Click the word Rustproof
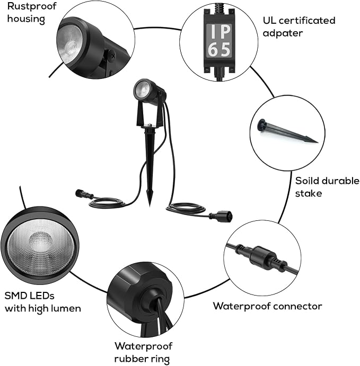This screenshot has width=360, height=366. pyautogui.click(x=32, y=7)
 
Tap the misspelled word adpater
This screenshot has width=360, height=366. pyautogui.click(x=283, y=33)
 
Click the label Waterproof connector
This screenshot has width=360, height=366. pyautogui.click(x=268, y=306)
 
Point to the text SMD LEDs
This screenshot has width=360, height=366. pyautogui.click(x=30, y=296)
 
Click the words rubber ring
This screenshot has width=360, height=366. pyautogui.click(x=142, y=359)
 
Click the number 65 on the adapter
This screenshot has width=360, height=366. pyautogui.click(x=219, y=49)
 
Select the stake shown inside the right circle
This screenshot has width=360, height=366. pyautogui.click(x=287, y=132)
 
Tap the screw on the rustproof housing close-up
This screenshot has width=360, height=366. pyautogui.click(x=112, y=56)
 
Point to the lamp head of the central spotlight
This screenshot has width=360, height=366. pyautogui.click(x=149, y=92)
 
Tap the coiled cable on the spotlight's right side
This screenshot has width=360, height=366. pyautogui.click(x=186, y=208)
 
